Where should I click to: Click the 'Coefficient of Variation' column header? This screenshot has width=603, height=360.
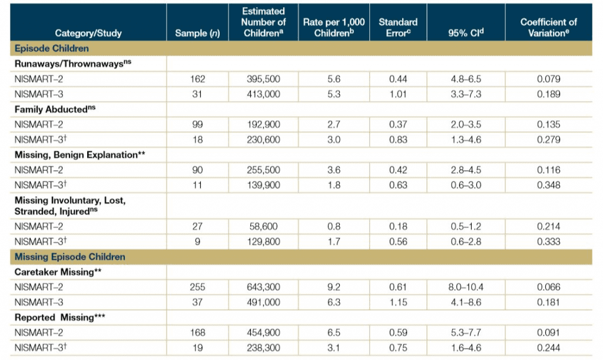548,28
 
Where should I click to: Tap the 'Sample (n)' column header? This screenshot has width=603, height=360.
197,33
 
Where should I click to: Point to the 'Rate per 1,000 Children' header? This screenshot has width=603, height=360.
330,28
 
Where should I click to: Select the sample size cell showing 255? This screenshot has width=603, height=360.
197,288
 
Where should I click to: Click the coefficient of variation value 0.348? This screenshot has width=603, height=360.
548,186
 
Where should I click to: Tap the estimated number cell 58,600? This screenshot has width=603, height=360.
264,226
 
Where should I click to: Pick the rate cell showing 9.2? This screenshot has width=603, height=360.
330,288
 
